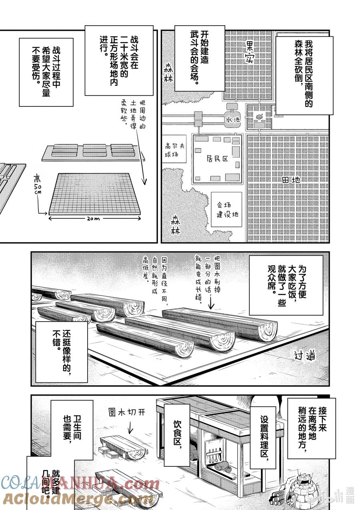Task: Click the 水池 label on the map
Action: tap(232, 119)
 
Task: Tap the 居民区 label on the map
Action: tap(218, 159)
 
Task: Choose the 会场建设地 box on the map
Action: tap(227, 209)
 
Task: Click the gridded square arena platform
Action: tap(95, 193)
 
